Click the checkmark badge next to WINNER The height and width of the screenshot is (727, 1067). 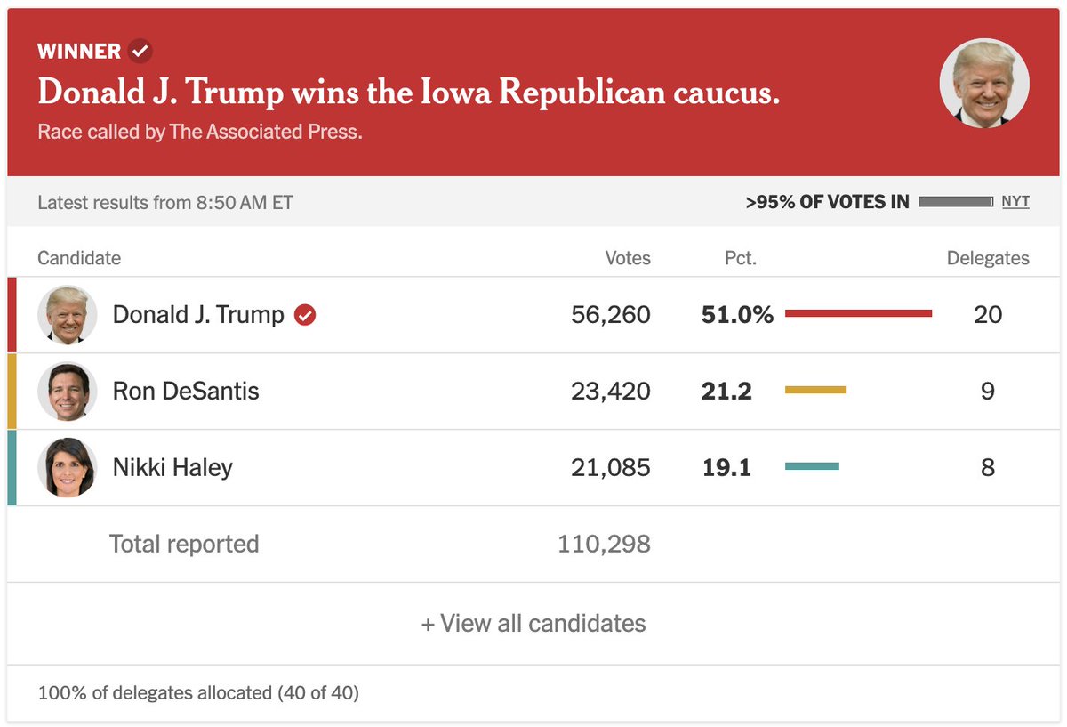(x=140, y=51)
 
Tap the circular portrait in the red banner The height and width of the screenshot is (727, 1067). (x=984, y=83)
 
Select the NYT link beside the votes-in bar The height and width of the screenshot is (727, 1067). (x=1015, y=202)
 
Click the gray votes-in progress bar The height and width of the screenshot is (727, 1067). (x=956, y=202)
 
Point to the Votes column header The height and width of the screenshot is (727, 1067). (x=628, y=258)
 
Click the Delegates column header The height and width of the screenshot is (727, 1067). (x=988, y=258)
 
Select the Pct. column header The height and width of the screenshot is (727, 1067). (x=740, y=258)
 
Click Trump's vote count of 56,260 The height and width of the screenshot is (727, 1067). (x=611, y=315)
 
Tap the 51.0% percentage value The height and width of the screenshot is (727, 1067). (x=737, y=315)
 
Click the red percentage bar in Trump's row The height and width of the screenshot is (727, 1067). (x=858, y=313)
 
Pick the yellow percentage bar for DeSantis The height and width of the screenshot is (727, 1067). (x=815, y=390)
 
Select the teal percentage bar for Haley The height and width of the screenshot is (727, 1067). (x=812, y=466)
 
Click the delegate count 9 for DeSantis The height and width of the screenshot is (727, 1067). (x=988, y=391)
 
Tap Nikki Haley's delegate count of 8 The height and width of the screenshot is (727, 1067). (x=988, y=467)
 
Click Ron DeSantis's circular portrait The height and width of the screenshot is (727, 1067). (x=68, y=391)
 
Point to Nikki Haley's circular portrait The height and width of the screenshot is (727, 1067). (x=68, y=467)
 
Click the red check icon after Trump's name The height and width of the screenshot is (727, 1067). (x=305, y=315)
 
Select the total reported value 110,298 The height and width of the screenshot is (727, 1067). (x=604, y=544)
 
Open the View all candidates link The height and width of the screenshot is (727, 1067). (x=533, y=623)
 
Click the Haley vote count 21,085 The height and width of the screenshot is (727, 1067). (x=611, y=467)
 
